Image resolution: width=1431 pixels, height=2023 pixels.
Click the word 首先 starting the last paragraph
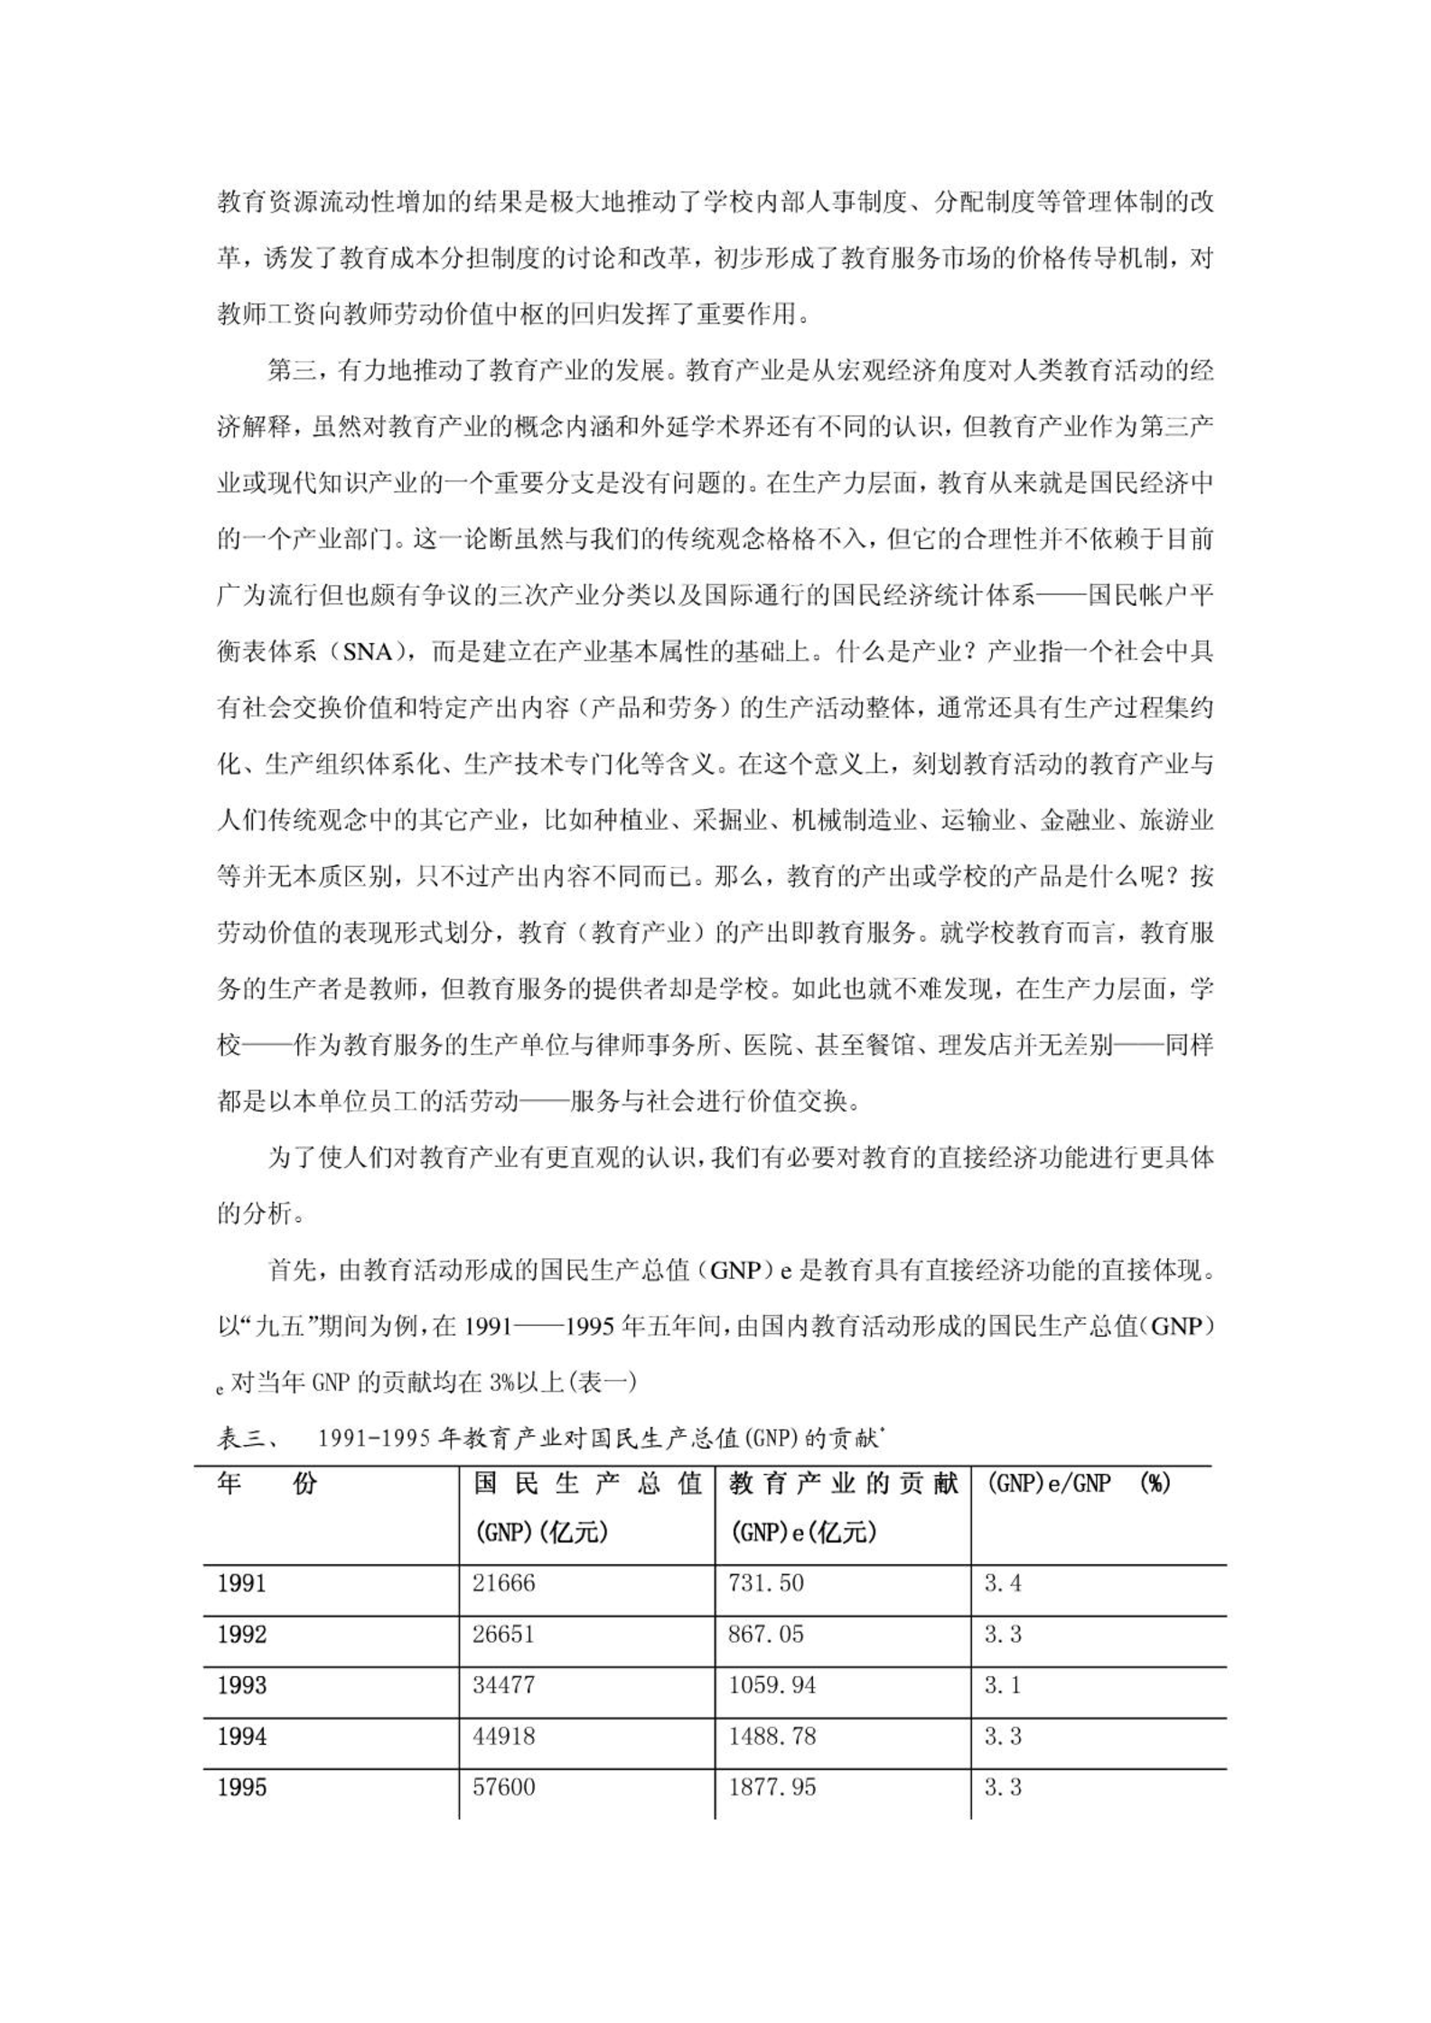point(293,1271)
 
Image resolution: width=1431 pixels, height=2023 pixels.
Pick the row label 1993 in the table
point(242,1685)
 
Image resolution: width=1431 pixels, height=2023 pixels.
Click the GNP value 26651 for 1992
point(504,1635)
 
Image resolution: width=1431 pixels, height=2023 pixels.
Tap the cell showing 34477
point(504,1685)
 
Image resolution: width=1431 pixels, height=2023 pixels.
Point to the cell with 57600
point(504,1787)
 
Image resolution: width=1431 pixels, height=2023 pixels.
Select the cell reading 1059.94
point(772,1685)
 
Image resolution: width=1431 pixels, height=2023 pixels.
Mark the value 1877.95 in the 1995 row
point(772,1787)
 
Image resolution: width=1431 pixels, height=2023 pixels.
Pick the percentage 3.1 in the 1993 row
point(1003,1685)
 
